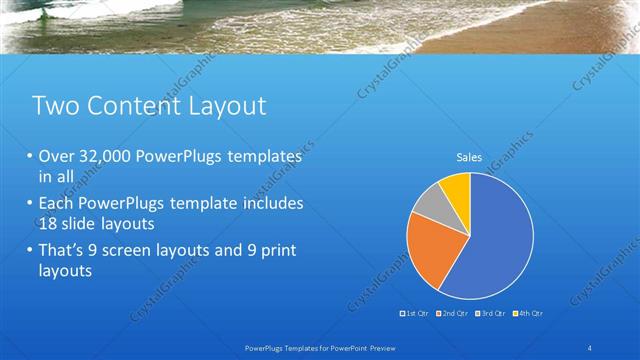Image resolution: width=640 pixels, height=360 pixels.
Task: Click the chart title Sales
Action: pyautogui.click(x=469, y=157)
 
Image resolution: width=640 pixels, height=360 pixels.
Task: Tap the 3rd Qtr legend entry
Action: pyautogui.click(x=492, y=313)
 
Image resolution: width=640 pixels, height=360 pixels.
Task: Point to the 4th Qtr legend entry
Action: pyautogui.click(x=529, y=313)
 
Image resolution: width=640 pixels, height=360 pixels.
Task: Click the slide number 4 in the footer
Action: pyautogui.click(x=592, y=346)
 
